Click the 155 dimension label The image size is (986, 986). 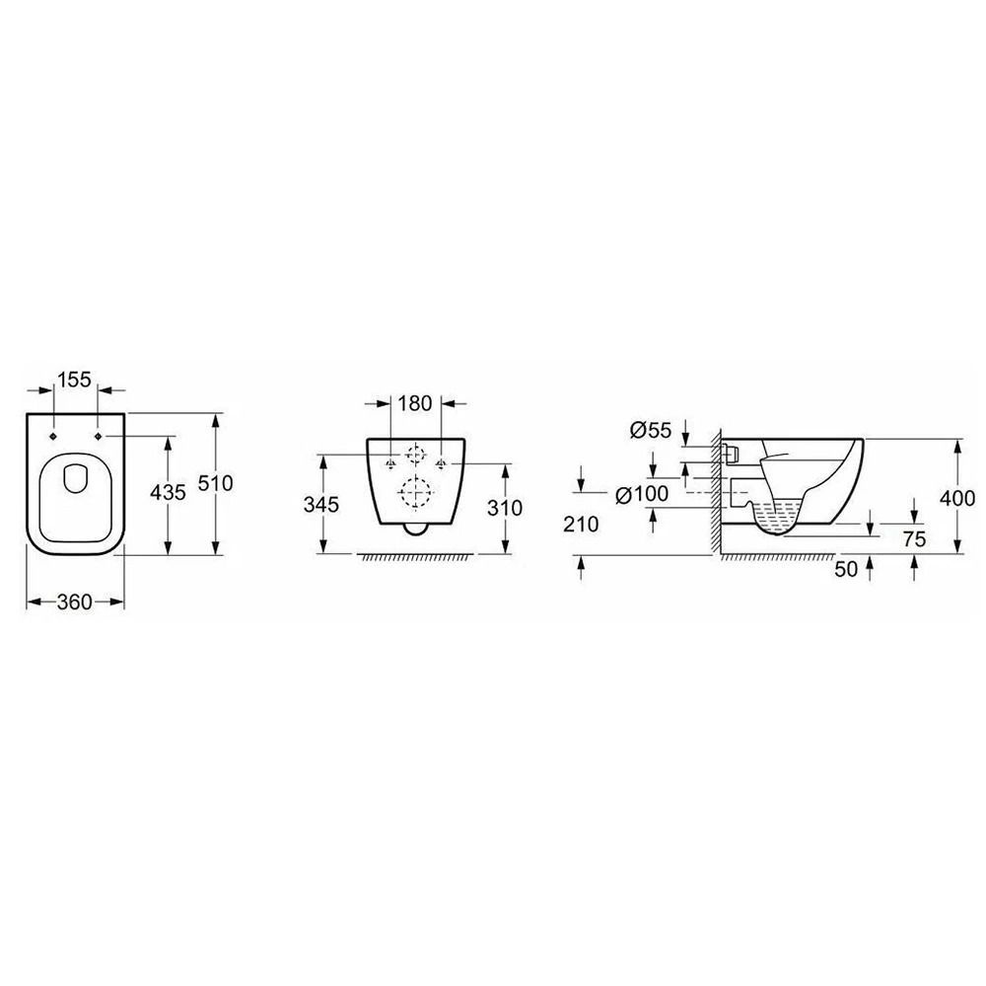tap(75, 380)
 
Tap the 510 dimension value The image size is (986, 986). tap(216, 483)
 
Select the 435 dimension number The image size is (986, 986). tap(168, 492)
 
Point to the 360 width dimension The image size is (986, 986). tap(75, 601)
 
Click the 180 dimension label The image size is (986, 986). tap(415, 403)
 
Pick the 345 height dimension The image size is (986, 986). tap(321, 504)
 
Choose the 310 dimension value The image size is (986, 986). tap(505, 508)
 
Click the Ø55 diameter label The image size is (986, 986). tap(651, 430)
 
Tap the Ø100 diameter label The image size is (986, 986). tap(642, 494)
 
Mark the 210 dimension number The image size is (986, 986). tap(581, 524)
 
